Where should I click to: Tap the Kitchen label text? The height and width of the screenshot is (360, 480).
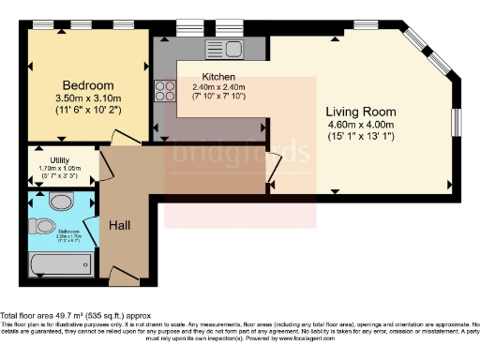pos(217,77)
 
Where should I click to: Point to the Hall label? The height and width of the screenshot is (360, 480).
pos(119,226)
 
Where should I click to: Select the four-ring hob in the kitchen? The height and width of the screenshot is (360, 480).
pos(166,90)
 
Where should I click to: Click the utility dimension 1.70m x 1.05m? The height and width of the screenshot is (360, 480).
pos(59,168)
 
